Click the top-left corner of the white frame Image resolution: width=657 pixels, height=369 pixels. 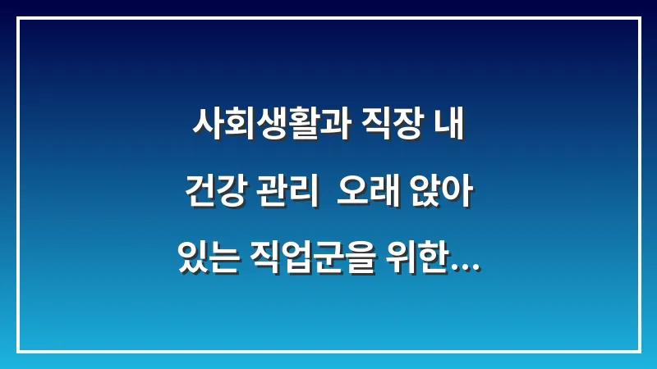coord(18,18)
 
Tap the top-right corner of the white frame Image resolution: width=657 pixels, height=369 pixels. coord(639,18)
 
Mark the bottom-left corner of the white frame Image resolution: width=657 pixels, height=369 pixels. coord(18,351)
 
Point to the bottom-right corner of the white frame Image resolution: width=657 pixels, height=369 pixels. coord(639,351)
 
